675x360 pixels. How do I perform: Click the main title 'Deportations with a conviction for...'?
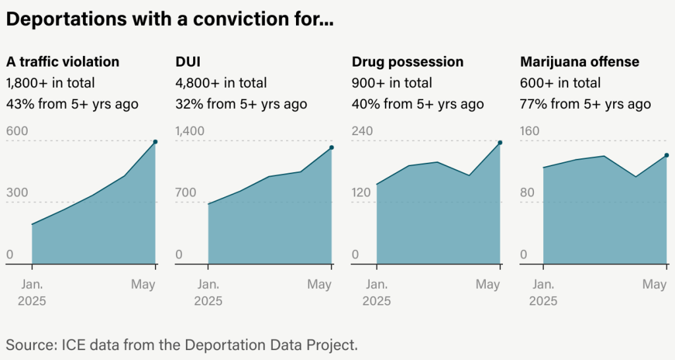coord(169,20)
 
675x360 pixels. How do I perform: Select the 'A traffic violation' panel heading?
coord(63,62)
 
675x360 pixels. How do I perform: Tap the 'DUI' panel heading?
coord(188,62)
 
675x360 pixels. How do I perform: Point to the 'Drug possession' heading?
coord(407,62)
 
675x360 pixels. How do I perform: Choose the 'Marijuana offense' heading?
coord(579,62)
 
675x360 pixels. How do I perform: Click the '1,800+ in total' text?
coord(50,83)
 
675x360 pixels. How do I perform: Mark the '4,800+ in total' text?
coord(221,83)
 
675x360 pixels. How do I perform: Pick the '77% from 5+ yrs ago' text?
coord(585,104)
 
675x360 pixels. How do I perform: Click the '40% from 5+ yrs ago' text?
coord(417,104)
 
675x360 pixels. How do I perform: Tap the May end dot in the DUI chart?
coord(332,148)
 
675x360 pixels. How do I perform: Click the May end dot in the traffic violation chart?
coord(156,142)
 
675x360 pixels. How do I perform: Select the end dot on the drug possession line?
coord(500,142)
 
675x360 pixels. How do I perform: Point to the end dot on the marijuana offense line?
coord(666,156)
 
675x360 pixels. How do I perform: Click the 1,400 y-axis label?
coord(190,131)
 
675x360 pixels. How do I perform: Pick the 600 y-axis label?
coord(17,131)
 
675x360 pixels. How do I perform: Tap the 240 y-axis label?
coord(362,131)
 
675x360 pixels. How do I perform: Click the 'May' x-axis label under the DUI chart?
coord(319,285)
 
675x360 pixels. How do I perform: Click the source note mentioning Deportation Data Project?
coord(181,344)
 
